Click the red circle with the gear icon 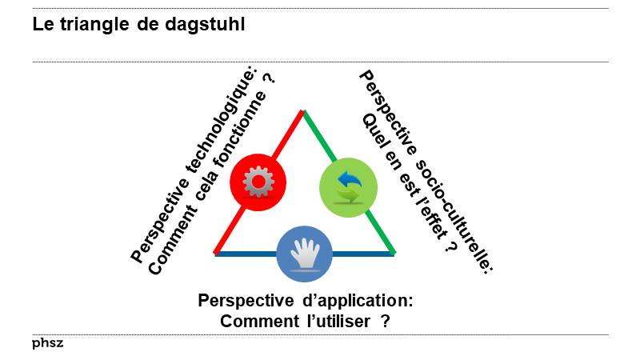(258, 182)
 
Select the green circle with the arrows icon (348, 186)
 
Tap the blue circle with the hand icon (304, 254)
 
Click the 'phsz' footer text (47, 343)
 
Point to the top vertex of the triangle (304, 111)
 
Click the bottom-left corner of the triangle (216, 254)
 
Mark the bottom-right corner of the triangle (393, 254)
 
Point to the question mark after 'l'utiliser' (385, 321)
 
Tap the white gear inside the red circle (258, 182)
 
